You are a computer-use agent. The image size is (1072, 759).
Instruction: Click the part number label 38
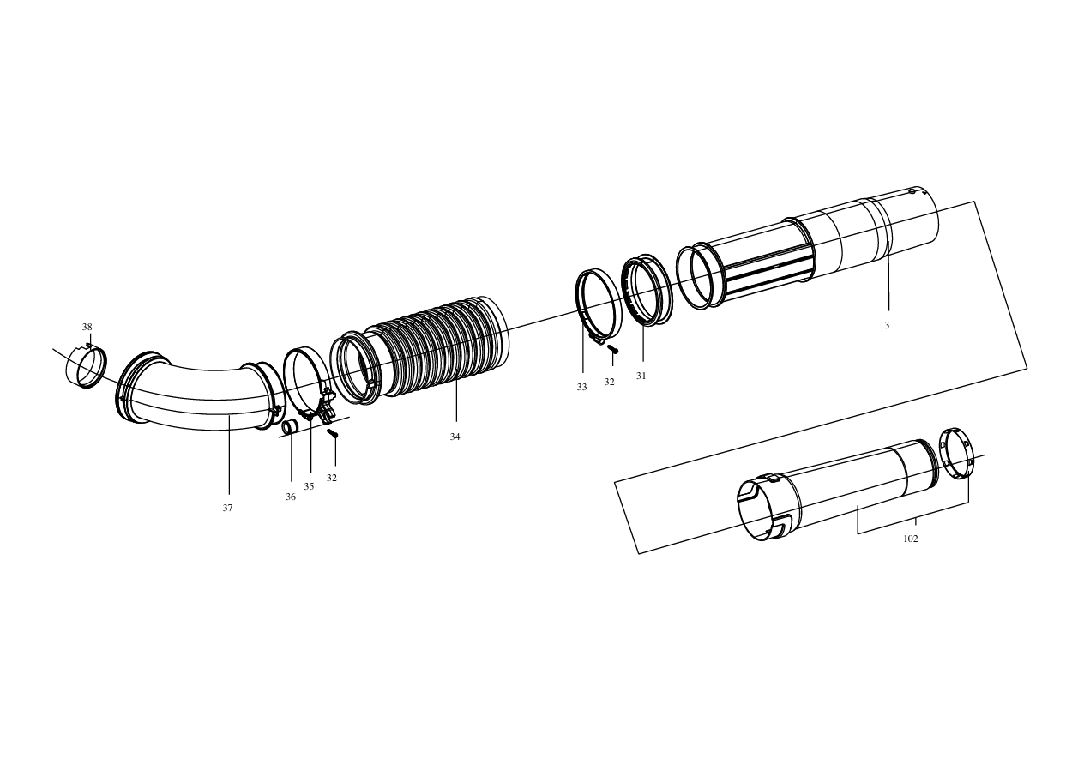(x=87, y=328)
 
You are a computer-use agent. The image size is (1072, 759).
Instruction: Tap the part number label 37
(x=227, y=508)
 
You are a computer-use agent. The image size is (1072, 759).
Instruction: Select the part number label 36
(x=291, y=497)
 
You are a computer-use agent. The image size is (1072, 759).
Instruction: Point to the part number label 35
(x=309, y=486)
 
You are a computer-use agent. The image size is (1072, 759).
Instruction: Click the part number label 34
(x=455, y=437)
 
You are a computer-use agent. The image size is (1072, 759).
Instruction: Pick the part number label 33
(x=581, y=387)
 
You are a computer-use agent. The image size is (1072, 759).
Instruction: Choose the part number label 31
(x=641, y=376)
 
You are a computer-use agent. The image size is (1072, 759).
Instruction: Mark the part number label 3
(x=887, y=325)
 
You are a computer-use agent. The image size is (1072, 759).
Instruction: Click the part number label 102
(x=910, y=539)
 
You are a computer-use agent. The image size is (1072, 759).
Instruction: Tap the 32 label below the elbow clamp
(x=332, y=478)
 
